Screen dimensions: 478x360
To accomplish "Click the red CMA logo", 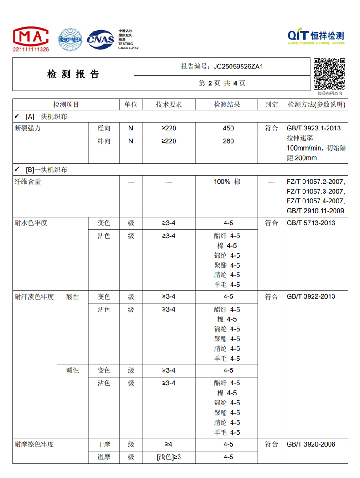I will (31, 36).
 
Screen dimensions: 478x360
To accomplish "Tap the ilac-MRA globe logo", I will (70, 39).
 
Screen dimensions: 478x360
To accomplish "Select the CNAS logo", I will (101, 39).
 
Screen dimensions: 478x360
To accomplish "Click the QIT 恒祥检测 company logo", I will (316, 37).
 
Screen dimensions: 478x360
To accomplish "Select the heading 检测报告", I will (73, 74).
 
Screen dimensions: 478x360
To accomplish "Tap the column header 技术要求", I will (169, 104).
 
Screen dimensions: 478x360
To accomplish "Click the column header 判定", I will (271, 104).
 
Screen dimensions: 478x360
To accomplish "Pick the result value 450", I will (228, 129).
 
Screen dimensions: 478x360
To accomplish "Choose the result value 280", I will (228, 141).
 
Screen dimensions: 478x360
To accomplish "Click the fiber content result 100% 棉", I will (227, 182).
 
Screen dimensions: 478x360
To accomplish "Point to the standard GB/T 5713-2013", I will (311, 223).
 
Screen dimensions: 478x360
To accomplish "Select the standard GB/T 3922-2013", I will (311, 296).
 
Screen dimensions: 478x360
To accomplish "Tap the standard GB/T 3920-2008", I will (311, 444).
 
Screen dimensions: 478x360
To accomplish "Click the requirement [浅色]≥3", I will (169, 457).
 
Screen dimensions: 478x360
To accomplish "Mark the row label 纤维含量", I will (28, 182).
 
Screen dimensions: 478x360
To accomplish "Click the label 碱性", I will (72, 370).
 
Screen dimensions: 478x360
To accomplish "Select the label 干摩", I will (104, 444).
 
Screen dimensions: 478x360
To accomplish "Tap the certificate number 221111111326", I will (31, 49).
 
